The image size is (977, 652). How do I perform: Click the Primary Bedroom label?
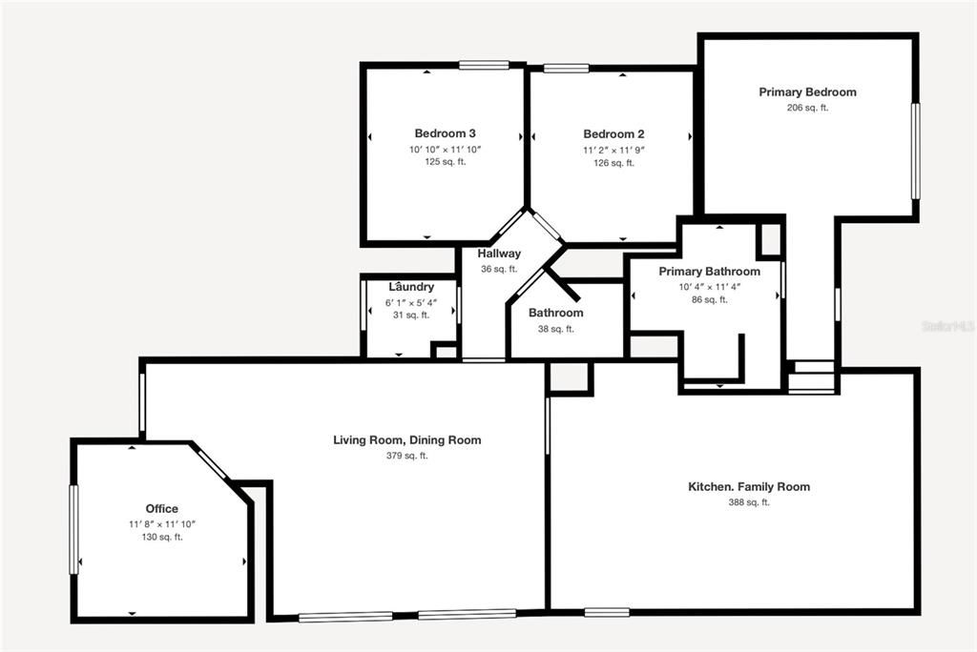coord(807,92)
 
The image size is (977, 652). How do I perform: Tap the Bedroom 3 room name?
coord(445,133)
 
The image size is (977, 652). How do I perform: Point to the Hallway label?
coord(499,254)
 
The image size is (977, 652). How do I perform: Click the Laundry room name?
coord(411,287)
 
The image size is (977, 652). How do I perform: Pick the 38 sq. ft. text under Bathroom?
coord(555,329)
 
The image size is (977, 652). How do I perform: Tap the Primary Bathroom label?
coord(709,272)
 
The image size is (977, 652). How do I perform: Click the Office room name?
coord(161,509)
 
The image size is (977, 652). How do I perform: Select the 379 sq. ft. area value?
coord(406,456)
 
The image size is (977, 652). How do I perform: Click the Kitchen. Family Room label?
coord(749,487)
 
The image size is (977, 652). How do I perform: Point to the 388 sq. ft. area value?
coord(749,502)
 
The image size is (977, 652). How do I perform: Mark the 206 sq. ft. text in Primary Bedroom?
coord(807,108)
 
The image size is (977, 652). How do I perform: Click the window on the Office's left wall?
coord(74,530)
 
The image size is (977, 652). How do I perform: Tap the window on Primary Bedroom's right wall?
coord(915,151)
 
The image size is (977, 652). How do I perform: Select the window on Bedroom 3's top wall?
coord(483,65)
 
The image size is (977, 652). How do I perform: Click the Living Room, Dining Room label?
coord(406,440)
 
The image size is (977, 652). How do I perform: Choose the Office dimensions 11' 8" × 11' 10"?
coord(161,523)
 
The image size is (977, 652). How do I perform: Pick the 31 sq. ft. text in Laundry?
coord(411,315)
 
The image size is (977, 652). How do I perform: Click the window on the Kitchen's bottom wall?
coord(607,612)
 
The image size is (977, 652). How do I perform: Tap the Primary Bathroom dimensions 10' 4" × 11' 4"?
coord(709,286)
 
